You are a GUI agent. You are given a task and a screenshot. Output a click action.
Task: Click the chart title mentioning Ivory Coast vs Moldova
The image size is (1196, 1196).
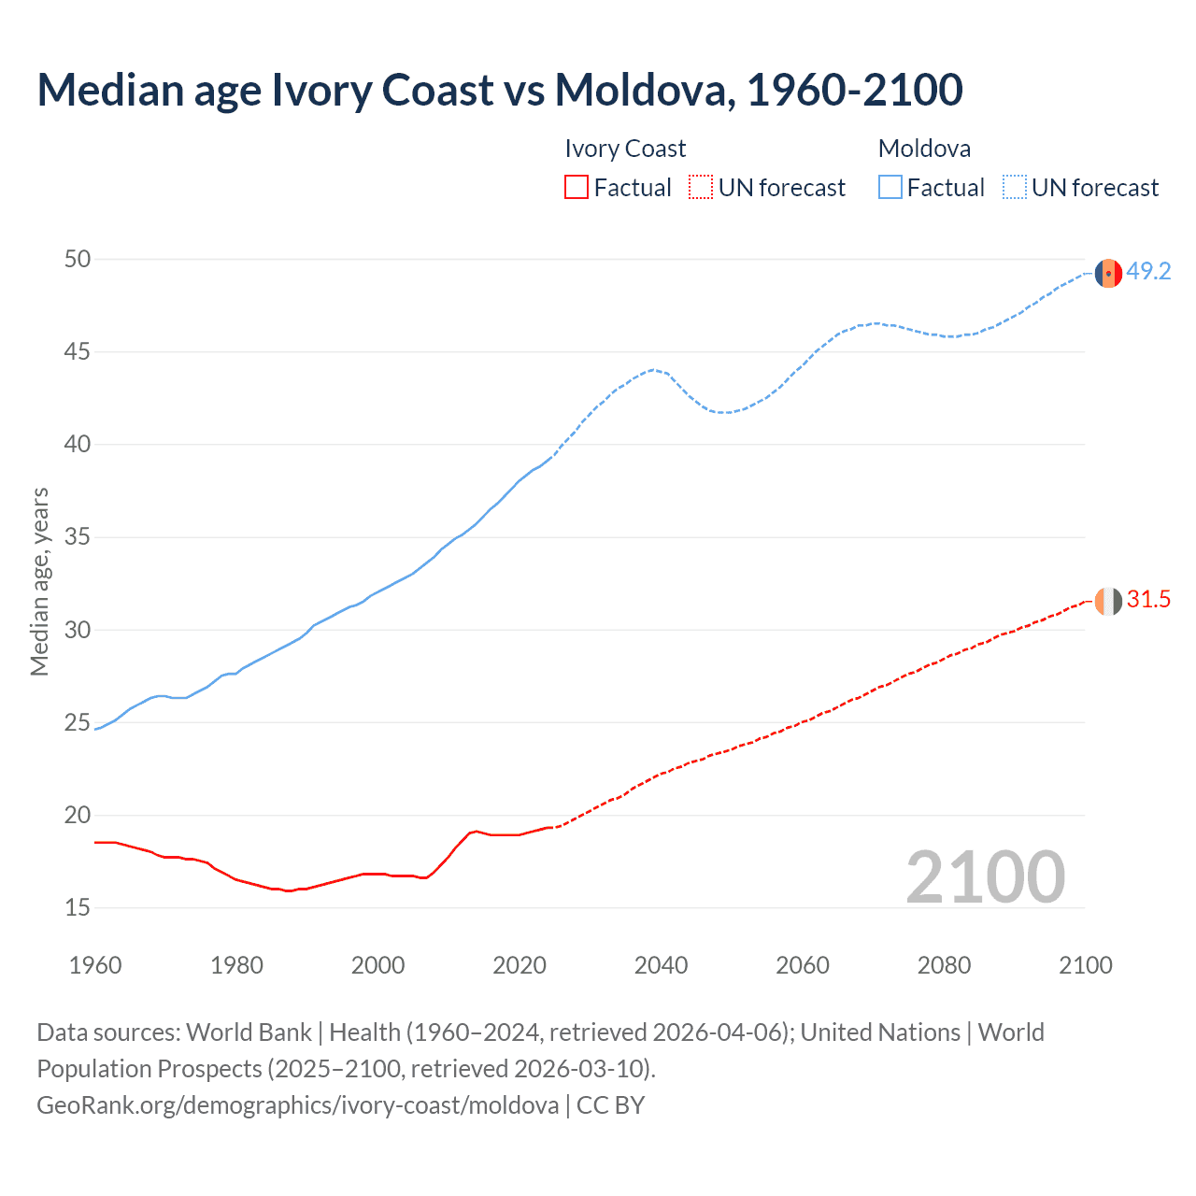499,91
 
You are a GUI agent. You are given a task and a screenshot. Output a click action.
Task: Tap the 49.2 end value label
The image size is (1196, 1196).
1148,272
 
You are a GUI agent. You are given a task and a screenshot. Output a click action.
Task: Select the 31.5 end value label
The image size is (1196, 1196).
1148,600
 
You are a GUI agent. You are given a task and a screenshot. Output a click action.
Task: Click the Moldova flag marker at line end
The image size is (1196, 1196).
1108,274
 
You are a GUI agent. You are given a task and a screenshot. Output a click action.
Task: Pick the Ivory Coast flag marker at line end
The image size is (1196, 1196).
1108,602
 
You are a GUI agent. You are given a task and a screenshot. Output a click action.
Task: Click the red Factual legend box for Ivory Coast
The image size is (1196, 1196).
577,188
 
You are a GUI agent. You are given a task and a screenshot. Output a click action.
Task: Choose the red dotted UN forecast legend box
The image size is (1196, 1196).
701,188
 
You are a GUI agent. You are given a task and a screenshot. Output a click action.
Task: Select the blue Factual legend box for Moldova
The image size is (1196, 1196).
890,188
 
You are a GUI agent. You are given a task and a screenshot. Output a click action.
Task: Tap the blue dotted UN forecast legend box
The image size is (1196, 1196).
1015,188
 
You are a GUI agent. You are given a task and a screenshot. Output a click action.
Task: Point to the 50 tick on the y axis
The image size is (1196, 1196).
78,260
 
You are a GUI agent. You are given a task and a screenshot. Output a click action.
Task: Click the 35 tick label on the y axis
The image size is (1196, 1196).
78,537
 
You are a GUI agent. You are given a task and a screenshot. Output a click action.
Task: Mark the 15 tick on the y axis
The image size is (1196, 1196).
78,907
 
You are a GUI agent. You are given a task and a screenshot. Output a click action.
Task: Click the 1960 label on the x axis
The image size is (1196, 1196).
95,965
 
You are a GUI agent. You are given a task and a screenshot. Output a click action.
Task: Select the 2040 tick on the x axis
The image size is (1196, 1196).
661,965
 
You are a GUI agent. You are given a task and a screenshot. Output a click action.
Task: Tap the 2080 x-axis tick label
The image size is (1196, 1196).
944,965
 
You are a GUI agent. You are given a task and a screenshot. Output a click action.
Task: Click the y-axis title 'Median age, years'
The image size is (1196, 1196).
39,581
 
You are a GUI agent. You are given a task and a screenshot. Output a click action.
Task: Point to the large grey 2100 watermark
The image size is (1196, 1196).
985,877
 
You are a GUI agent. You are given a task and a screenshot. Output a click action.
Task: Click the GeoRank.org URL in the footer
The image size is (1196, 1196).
297,1105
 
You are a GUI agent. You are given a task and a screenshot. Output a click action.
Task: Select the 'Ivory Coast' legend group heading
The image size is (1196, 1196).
625,149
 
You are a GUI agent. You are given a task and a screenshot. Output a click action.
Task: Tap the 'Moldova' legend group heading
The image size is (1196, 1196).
924,149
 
